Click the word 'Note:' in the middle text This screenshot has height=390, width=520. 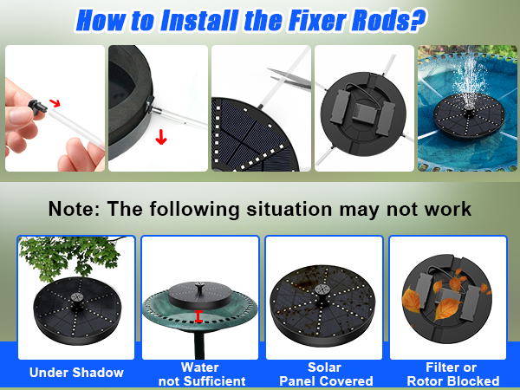pos(77,209)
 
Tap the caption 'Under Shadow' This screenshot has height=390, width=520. pos(76,373)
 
